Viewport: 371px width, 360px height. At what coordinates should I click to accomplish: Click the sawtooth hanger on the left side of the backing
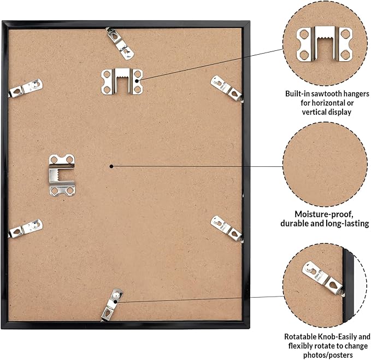click(62, 175)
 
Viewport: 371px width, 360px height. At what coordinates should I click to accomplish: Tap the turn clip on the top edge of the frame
click(120, 43)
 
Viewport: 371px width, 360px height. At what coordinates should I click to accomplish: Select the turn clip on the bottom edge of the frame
click(111, 305)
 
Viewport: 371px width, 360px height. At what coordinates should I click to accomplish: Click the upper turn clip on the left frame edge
click(26, 88)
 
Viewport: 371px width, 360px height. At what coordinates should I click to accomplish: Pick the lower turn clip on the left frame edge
click(26, 228)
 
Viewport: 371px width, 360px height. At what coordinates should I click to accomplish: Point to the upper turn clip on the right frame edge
click(227, 89)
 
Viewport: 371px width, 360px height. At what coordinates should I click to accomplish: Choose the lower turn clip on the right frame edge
click(227, 229)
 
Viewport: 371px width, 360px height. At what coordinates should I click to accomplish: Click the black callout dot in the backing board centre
click(111, 166)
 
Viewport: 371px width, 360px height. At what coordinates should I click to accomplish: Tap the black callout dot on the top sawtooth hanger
click(137, 81)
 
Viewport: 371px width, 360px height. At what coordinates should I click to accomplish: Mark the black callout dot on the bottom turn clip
click(115, 302)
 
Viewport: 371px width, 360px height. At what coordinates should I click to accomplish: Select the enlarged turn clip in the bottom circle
click(323, 278)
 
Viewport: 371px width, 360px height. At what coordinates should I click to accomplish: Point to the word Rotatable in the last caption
click(301, 336)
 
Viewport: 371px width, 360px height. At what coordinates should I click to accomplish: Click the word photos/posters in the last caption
click(328, 355)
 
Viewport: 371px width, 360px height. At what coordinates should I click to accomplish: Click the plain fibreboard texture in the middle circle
click(325, 164)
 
